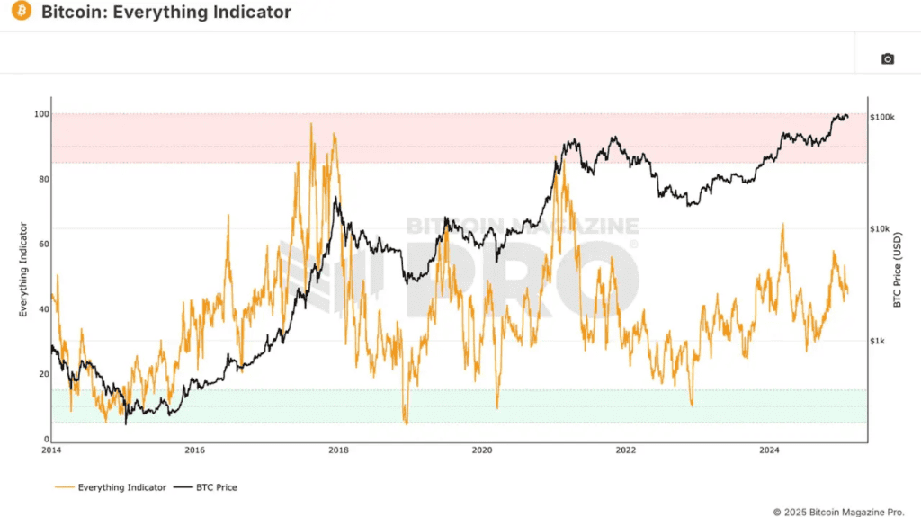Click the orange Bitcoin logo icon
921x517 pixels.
pos(22,12)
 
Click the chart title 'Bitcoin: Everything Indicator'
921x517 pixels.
pos(166,13)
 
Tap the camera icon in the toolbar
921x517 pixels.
pos(887,58)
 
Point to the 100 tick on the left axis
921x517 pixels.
pos(39,114)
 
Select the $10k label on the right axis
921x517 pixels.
pos(881,229)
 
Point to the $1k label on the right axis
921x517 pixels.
pos(879,341)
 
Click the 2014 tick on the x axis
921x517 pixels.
pos(51,450)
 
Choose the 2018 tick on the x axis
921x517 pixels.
pos(339,450)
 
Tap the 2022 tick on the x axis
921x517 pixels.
pos(626,450)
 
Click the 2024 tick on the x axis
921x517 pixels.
pos(769,450)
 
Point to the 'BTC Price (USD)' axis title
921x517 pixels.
pos(897,269)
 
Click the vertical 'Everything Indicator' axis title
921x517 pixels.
pos(23,270)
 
